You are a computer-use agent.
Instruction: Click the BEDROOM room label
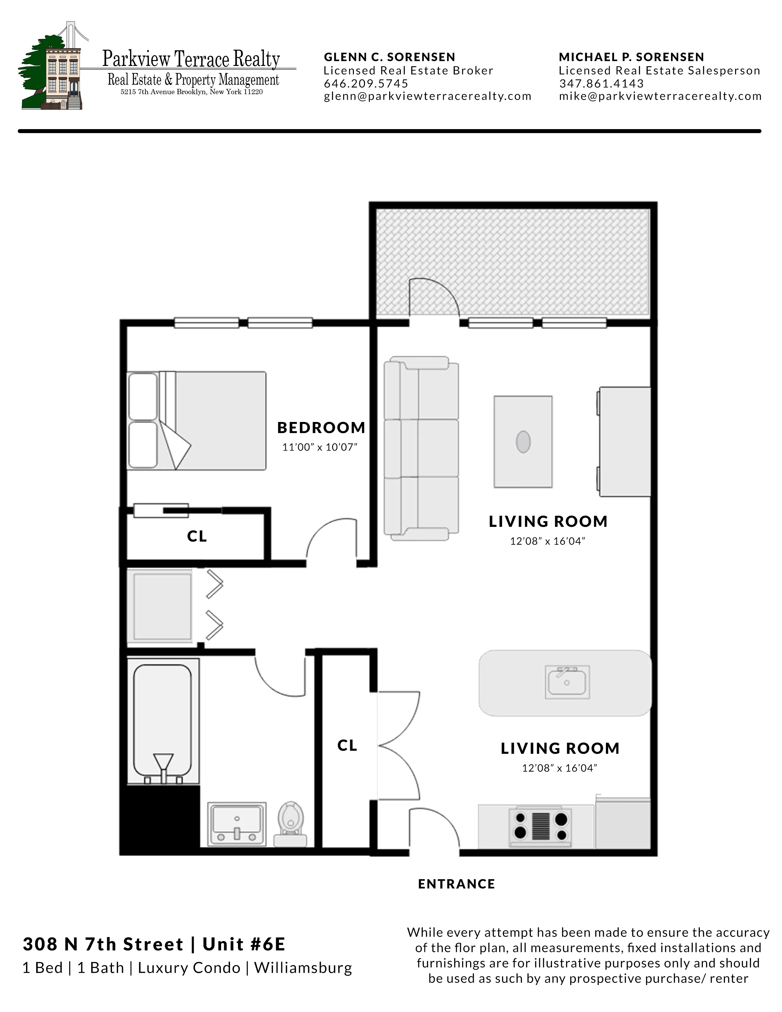(x=321, y=428)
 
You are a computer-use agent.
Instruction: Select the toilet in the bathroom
(x=290, y=825)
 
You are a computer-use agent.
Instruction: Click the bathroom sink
(x=237, y=824)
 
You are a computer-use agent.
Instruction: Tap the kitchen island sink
(x=567, y=682)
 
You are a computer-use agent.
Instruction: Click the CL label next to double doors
(x=347, y=746)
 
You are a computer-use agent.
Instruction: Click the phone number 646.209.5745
(x=366, y=83)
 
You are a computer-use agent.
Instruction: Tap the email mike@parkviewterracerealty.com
(x=660, y=96)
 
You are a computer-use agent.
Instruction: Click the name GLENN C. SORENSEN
(x=389, y=57)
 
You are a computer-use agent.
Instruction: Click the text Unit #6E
(x=244, y=944)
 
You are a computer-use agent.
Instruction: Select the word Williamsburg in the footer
(x=303, y=968)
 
